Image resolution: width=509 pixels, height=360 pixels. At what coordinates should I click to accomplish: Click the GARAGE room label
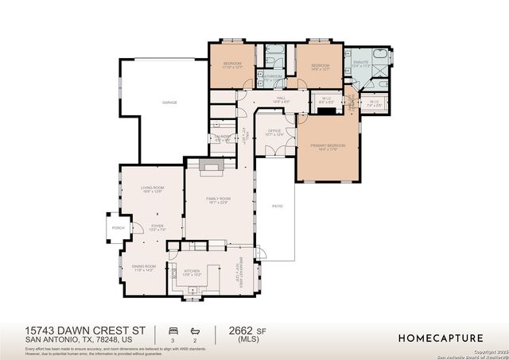coord(169,103)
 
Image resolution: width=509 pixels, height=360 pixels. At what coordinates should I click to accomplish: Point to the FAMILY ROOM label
coord(218,198)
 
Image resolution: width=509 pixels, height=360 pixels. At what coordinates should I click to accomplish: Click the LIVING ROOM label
coord(141,188)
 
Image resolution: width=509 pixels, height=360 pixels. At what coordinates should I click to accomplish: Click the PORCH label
coord(118,228)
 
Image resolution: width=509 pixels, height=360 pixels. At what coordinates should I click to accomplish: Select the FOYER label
coord(157,226)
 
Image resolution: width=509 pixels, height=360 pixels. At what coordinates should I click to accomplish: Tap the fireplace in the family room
coord(210,167)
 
